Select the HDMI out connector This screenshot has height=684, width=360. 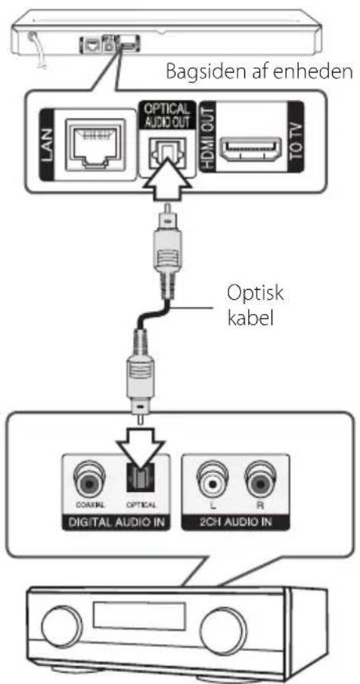tap(250, 149)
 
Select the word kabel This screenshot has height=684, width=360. tap(250, 319)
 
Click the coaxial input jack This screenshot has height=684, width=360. tap(89, 480)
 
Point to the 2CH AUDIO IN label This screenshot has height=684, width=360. tap(235, 522)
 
